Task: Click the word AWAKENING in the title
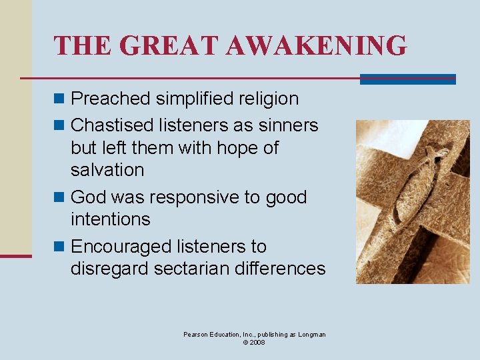tap(316, 46)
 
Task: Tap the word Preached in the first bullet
tap(111, 99)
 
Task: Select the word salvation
tap(107, 170)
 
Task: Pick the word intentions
tap(110, 219)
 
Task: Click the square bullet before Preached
tap(60, 99)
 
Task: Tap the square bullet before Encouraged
tap(60, 247)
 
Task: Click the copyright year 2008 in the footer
tap(257, 342)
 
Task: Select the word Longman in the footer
tap(311, 334)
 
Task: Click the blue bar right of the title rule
tap(407, 79)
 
